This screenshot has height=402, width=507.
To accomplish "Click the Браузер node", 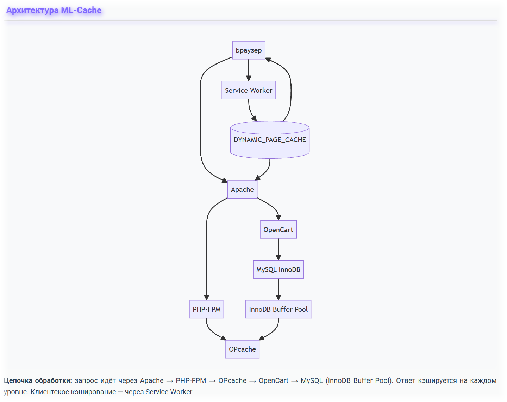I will pos(249,50).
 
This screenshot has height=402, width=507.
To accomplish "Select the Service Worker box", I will pos(249,90).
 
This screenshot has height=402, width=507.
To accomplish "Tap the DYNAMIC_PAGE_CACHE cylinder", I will pos(270,140).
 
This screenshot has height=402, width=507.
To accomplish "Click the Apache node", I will pos(242,189).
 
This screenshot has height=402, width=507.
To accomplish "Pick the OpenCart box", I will pos(278,230).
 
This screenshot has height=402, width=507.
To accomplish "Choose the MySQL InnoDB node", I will pos(278,269).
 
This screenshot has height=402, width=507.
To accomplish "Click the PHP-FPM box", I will pos(206,309).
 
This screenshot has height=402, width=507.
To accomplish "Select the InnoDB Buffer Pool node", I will pos(278,309).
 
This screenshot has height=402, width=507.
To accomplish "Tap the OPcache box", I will pos(242,349).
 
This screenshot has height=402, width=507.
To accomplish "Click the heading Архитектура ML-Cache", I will pos(54,10).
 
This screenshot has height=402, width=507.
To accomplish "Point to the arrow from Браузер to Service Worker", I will pos(249,70).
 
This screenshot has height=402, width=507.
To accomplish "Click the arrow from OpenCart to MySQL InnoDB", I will pos(278,249).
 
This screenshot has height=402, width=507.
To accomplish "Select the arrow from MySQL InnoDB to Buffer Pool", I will pos(278,289).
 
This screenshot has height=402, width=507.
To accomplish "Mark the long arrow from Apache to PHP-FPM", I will pos(207,254).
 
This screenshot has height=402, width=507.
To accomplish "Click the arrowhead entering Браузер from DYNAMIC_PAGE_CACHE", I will pos(268,60).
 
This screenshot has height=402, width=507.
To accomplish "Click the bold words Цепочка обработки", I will pos(38,380).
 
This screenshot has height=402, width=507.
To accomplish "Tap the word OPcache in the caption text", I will pos(232,380).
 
